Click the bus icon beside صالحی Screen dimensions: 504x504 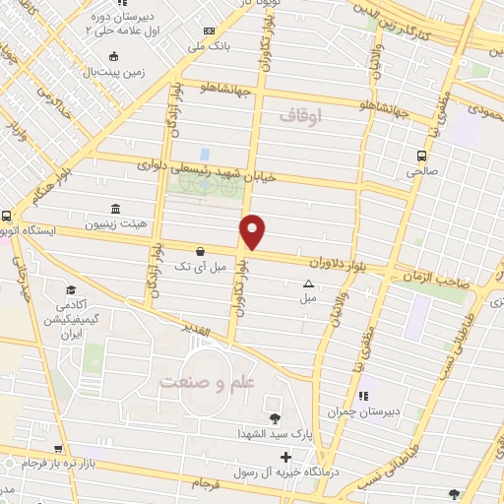(422, 156)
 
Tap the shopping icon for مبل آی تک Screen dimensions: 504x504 (201, 251)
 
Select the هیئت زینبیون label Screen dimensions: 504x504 (115, 223)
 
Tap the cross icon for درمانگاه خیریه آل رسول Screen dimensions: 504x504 (285, 457)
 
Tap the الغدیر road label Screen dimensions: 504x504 (196, 330)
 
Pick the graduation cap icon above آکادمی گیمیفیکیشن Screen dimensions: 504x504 (71, 289)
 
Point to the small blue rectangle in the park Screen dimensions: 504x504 (204, 155)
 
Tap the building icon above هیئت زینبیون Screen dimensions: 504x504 (116, 210)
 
